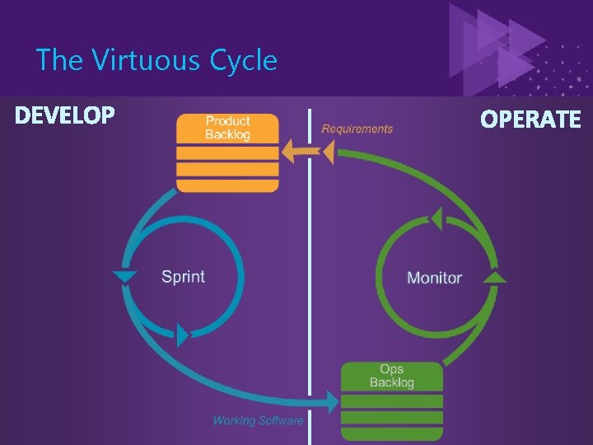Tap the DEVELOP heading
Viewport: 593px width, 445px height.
[65, 116]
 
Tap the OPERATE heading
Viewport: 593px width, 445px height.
[530, 119]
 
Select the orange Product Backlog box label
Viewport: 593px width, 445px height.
[227, 128]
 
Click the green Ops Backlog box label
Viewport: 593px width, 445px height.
[391, 376]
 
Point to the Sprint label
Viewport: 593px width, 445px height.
[183, 276]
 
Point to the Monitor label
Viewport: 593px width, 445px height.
[434, 278]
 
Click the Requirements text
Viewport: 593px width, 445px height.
[357, 129]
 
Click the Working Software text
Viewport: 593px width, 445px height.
[258, 420]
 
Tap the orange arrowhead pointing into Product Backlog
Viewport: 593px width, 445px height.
[290, 152]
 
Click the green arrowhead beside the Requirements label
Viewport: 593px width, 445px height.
[327, 152]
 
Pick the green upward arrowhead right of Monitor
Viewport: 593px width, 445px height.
[494, 277]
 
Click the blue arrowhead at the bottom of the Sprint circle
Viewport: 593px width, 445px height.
[183, 335]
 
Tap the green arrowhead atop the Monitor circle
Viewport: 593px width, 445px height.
[437, 218]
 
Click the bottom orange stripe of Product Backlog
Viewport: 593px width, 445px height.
[227, 185]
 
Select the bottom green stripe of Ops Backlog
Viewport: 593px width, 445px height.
[391, 433]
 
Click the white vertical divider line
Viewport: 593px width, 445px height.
[310, 272]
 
